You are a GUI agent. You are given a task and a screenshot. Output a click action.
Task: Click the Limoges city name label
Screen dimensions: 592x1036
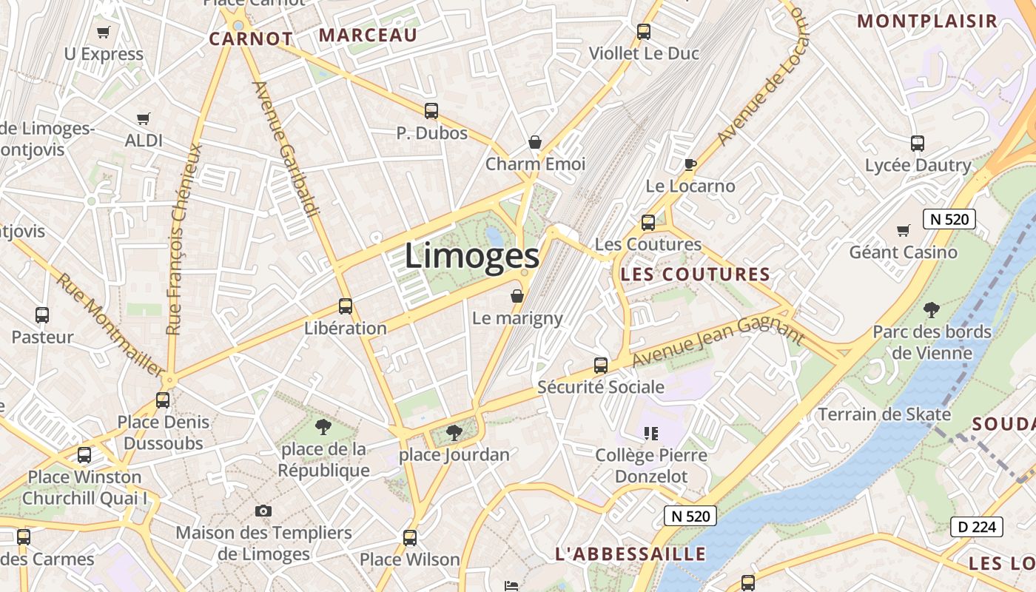point(472,257)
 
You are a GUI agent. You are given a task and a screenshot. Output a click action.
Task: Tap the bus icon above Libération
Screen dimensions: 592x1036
point(345,306)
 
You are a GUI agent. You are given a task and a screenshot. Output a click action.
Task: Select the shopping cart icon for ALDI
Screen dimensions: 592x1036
point(144,118)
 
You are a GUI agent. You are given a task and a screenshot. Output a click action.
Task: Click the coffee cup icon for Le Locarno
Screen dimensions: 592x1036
point(690,164)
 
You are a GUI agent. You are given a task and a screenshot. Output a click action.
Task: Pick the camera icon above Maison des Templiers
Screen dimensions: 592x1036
point(263,511)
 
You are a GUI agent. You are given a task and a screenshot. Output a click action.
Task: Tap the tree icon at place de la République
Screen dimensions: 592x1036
point(323,426)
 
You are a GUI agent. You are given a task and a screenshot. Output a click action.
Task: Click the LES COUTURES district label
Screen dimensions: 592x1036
point(696,275)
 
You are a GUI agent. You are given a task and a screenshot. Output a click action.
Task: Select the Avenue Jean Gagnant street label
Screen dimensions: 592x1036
point(718,340)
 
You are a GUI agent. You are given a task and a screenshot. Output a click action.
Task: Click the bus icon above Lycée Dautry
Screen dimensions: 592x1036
point(918,144)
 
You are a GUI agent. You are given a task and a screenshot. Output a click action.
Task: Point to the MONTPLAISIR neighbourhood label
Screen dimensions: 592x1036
point(927,21)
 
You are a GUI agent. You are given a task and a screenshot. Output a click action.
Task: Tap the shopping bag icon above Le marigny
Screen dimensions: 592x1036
point(517,296)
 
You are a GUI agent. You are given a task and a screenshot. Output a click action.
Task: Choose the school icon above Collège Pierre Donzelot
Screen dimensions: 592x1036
point(651,433)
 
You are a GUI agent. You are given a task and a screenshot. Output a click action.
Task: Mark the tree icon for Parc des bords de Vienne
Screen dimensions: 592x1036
point(932,309)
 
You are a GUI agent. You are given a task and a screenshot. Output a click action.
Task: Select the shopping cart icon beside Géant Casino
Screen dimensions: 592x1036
point(903,230)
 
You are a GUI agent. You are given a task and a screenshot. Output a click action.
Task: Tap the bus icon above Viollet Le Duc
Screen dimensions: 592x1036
point(644,32)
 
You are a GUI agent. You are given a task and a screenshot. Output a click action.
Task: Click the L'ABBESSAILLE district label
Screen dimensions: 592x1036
point(630,554)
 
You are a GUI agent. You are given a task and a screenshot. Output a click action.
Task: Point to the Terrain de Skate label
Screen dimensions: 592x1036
point(884,414)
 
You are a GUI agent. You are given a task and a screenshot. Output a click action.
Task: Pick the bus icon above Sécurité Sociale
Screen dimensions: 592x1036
point(601,365)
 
